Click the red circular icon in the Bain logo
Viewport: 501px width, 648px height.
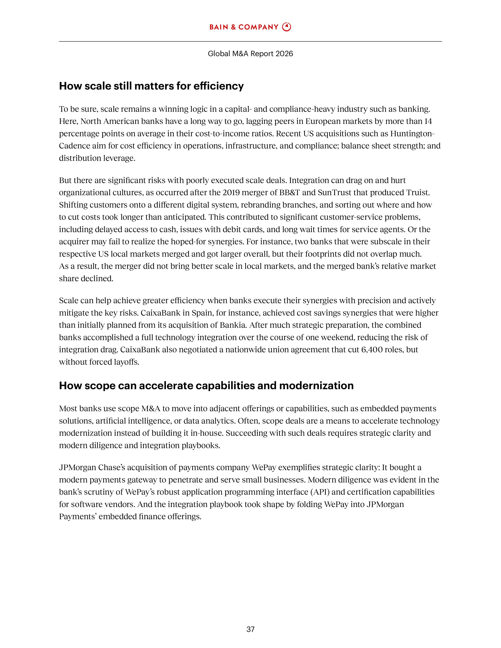coord(286,27)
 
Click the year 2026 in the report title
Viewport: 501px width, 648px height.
coord(284,54)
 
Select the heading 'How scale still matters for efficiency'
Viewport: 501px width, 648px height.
coord(151,86)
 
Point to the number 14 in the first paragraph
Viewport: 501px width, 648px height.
coord(428,121)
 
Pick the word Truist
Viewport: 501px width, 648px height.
coord(419,193)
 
